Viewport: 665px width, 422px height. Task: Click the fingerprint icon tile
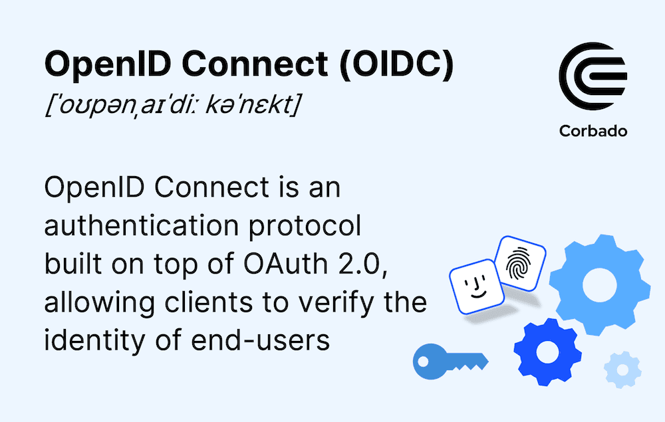click(x=521, y=267)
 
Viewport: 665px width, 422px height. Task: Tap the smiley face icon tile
click(x=475, y=286)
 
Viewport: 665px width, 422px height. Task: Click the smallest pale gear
click(x=622, y=369)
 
